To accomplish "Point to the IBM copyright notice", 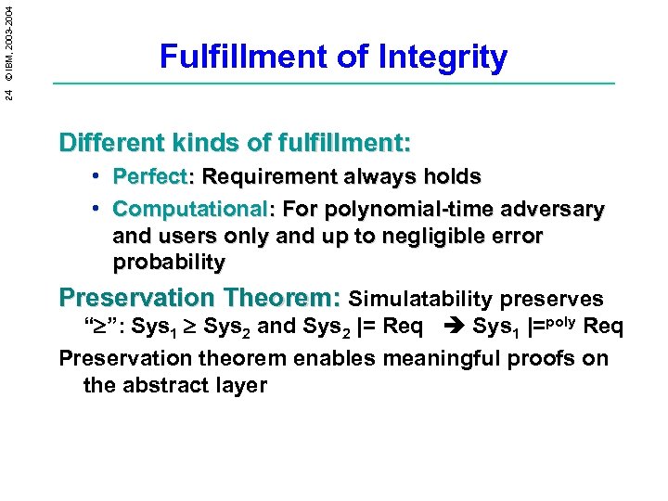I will (x=9, y=36).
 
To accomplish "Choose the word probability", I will (x=169, y=263).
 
